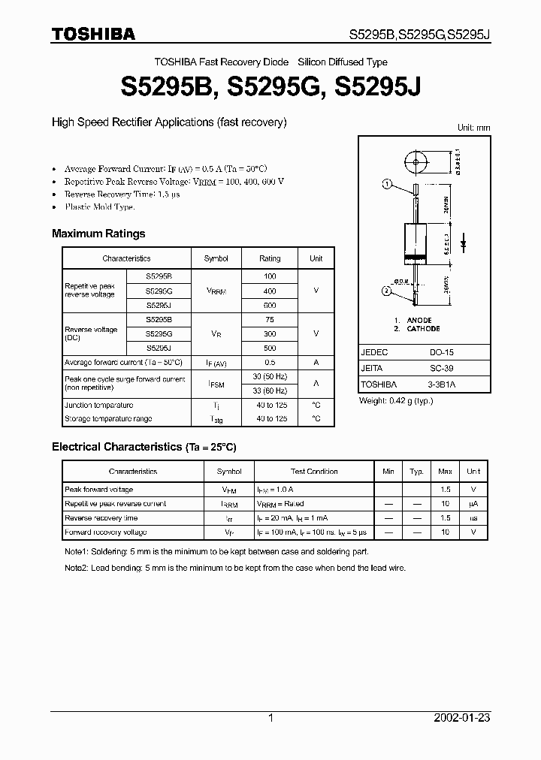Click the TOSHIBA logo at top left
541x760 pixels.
click(x=93, y=34)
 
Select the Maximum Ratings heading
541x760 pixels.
click(x=98, y=234)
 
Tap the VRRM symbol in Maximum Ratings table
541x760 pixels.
click(x=216, y=291)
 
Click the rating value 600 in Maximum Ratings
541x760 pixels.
click(x=270, y=306)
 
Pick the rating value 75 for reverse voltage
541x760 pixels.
click(x=270, y=319)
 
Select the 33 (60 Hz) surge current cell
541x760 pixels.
click(x=270, y=390)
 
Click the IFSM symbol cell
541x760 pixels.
click(x=216, y=384)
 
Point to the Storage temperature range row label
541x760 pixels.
click(x=108, y=419)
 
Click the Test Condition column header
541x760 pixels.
click(x=314, y=472)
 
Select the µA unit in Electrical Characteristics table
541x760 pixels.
click(x=473, y=504)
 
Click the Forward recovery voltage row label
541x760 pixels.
click(x=105, y=532)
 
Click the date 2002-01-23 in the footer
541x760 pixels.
click(x=462, y=718)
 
